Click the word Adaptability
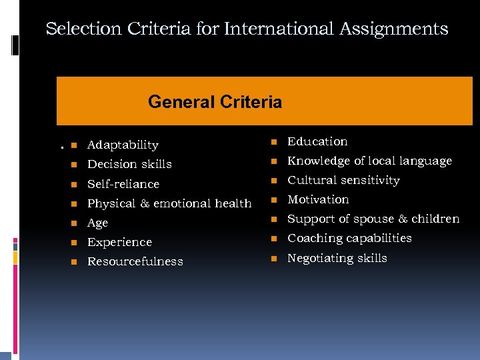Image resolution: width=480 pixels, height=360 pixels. coord(123,145)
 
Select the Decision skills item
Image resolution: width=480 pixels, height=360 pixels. coord(129,164)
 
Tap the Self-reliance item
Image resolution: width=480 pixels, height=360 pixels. coord(123,183)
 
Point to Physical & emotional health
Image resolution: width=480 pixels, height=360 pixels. coord(169,203)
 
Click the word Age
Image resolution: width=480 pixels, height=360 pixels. coord(97,223)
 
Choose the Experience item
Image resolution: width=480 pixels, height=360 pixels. coord(119,242)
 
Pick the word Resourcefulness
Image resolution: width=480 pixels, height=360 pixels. coord(135,261)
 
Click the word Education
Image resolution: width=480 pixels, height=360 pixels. coord(317,141)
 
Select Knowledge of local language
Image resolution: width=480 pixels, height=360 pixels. coord(369,161)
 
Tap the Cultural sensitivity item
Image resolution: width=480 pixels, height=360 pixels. coord(343,180)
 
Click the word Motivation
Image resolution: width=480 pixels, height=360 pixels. coord(318,199)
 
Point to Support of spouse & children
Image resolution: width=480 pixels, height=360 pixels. coord(373,219)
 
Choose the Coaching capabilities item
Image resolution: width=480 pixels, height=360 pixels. coord(349,238)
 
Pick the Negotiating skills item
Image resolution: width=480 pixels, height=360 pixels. coord(337,258)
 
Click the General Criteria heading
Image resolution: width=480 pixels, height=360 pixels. coord(215,102)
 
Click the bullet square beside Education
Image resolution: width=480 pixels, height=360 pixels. coord(273,142)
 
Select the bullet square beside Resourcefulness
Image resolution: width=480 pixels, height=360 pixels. coord(73,261)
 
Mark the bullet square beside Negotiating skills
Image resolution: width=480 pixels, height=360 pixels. coord(273,259)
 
